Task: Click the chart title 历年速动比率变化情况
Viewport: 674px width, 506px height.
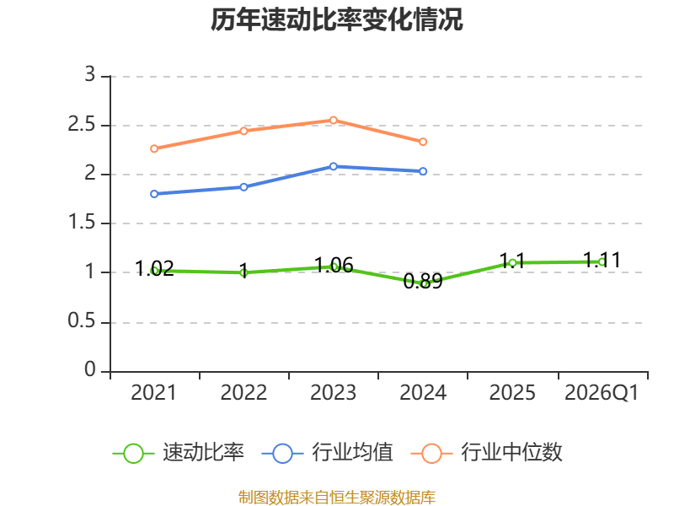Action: pos(336,19)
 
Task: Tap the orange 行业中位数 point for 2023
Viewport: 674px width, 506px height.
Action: pos(333,120)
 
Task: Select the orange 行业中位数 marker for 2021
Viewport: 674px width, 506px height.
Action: pos(154,148)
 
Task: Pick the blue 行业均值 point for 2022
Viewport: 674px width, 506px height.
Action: pos(243,187)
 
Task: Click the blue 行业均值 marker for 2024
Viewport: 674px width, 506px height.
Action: pos(423,171)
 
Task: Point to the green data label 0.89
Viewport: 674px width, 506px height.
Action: pos(423,282)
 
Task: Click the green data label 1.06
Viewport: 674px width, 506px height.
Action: pos(334,265)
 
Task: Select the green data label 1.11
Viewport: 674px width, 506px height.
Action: pos(602,260)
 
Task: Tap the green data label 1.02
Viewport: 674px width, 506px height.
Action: pos(154,268)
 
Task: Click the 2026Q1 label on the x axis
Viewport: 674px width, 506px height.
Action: pos(602,392)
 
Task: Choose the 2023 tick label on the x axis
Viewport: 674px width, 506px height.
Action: pos(333,392)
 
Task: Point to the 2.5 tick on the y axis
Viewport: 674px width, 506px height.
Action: pos(81,125)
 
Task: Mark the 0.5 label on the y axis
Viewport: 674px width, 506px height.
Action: pos(81,321)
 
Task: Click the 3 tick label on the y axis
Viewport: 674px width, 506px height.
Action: pos(89,75)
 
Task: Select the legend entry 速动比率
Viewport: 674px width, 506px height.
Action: pos(179,453)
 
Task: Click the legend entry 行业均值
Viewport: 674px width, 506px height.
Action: pos(328,453)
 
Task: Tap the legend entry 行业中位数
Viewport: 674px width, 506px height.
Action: pos(487,453)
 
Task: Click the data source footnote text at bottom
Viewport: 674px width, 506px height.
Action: pos(336,497)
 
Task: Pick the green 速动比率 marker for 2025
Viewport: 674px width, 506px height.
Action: pos(512,262)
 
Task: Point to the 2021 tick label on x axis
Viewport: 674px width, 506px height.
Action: pos(153,392)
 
